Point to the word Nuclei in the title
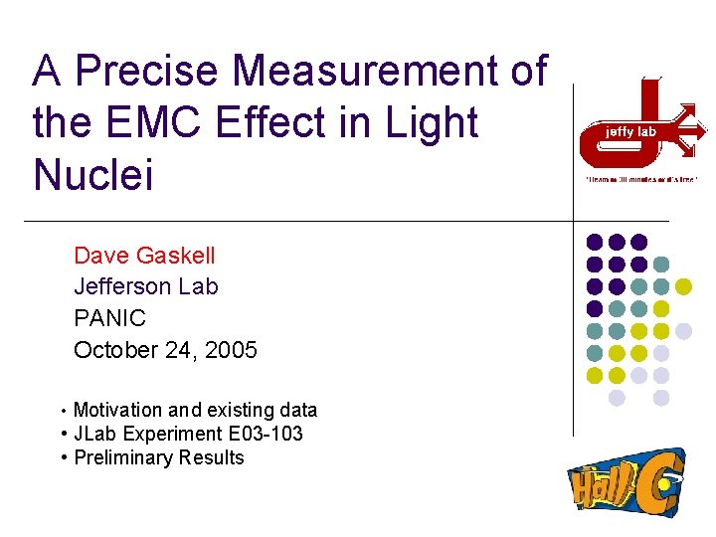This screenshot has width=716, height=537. pyautogui.click(x=92, y=175)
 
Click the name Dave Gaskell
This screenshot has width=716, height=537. pyautogui.click(x=144, y=256)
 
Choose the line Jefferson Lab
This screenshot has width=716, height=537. pyautogui.click(x=146, y=287)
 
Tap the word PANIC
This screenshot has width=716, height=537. pyautogui.click(x=109, y=318)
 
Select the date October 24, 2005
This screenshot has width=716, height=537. pyautogui.click(x=165, y=350)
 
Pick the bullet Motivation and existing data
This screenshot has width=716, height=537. pyautogui.click(x=195, y=410)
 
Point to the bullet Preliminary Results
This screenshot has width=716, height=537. pyautogui.click(x=158, y=457)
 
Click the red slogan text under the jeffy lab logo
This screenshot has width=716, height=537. pyautogui.click(x=639, y=179)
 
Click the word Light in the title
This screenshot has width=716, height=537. pyautogui.click(x=431, y=123)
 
